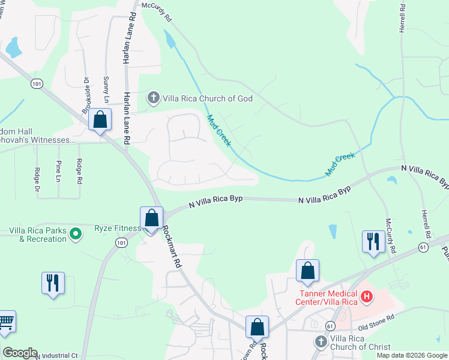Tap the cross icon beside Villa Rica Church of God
pyautogui.click(x=153, y=98)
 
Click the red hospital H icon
pyautogui.click(x=366, y=296)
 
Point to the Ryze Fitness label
pyautogui.click(x=118, y=228)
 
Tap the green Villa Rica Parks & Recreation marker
pyautogui.click(x=76, y=233)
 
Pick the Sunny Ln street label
pyautogui.click(x=106, y=89)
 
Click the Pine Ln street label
pyautogui.click(x=59, y=171)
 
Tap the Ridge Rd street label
pyautogui.click(x=79, y=171)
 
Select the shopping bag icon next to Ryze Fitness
pyautogui.click(x=151, y=218)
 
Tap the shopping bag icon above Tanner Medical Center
pyautogui.click(x=307, y=271)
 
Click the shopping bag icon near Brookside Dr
pyautogui.click(x=100, y=119)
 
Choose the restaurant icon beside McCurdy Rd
pyautogui.click(x=373, y=241)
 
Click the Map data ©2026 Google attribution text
pyautogui.click(x=411, y=355)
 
